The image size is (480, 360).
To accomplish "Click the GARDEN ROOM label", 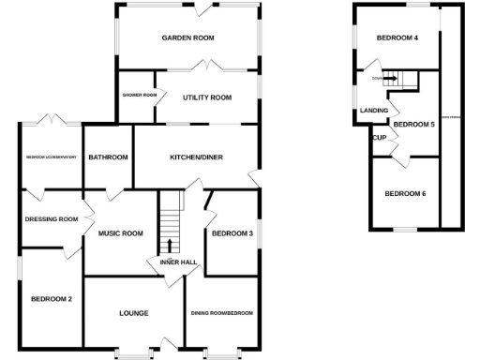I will click(187, 38).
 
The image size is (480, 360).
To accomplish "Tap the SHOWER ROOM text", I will click(139, 95).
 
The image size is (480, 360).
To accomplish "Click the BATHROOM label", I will click(108, 157).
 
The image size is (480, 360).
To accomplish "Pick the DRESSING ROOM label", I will click(52, 218).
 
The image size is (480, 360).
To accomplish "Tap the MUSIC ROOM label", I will click(120, 233).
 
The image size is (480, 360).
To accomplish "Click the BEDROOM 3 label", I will click(232, 233).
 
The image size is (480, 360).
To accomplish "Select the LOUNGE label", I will click(135, 312).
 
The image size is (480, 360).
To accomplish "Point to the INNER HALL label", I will click(177, 263).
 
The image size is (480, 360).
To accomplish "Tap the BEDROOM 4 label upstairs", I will click(397, 38).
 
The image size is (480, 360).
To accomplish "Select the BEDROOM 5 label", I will click(413, 124).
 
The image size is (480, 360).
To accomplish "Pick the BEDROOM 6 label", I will click(405, 194).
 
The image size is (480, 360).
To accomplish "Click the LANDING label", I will click(374, 111).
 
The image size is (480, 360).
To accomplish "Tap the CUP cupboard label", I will click(380, 138).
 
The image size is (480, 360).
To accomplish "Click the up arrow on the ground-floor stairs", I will click(170, 246).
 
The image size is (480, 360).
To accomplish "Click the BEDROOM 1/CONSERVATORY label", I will click(51, 157).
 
